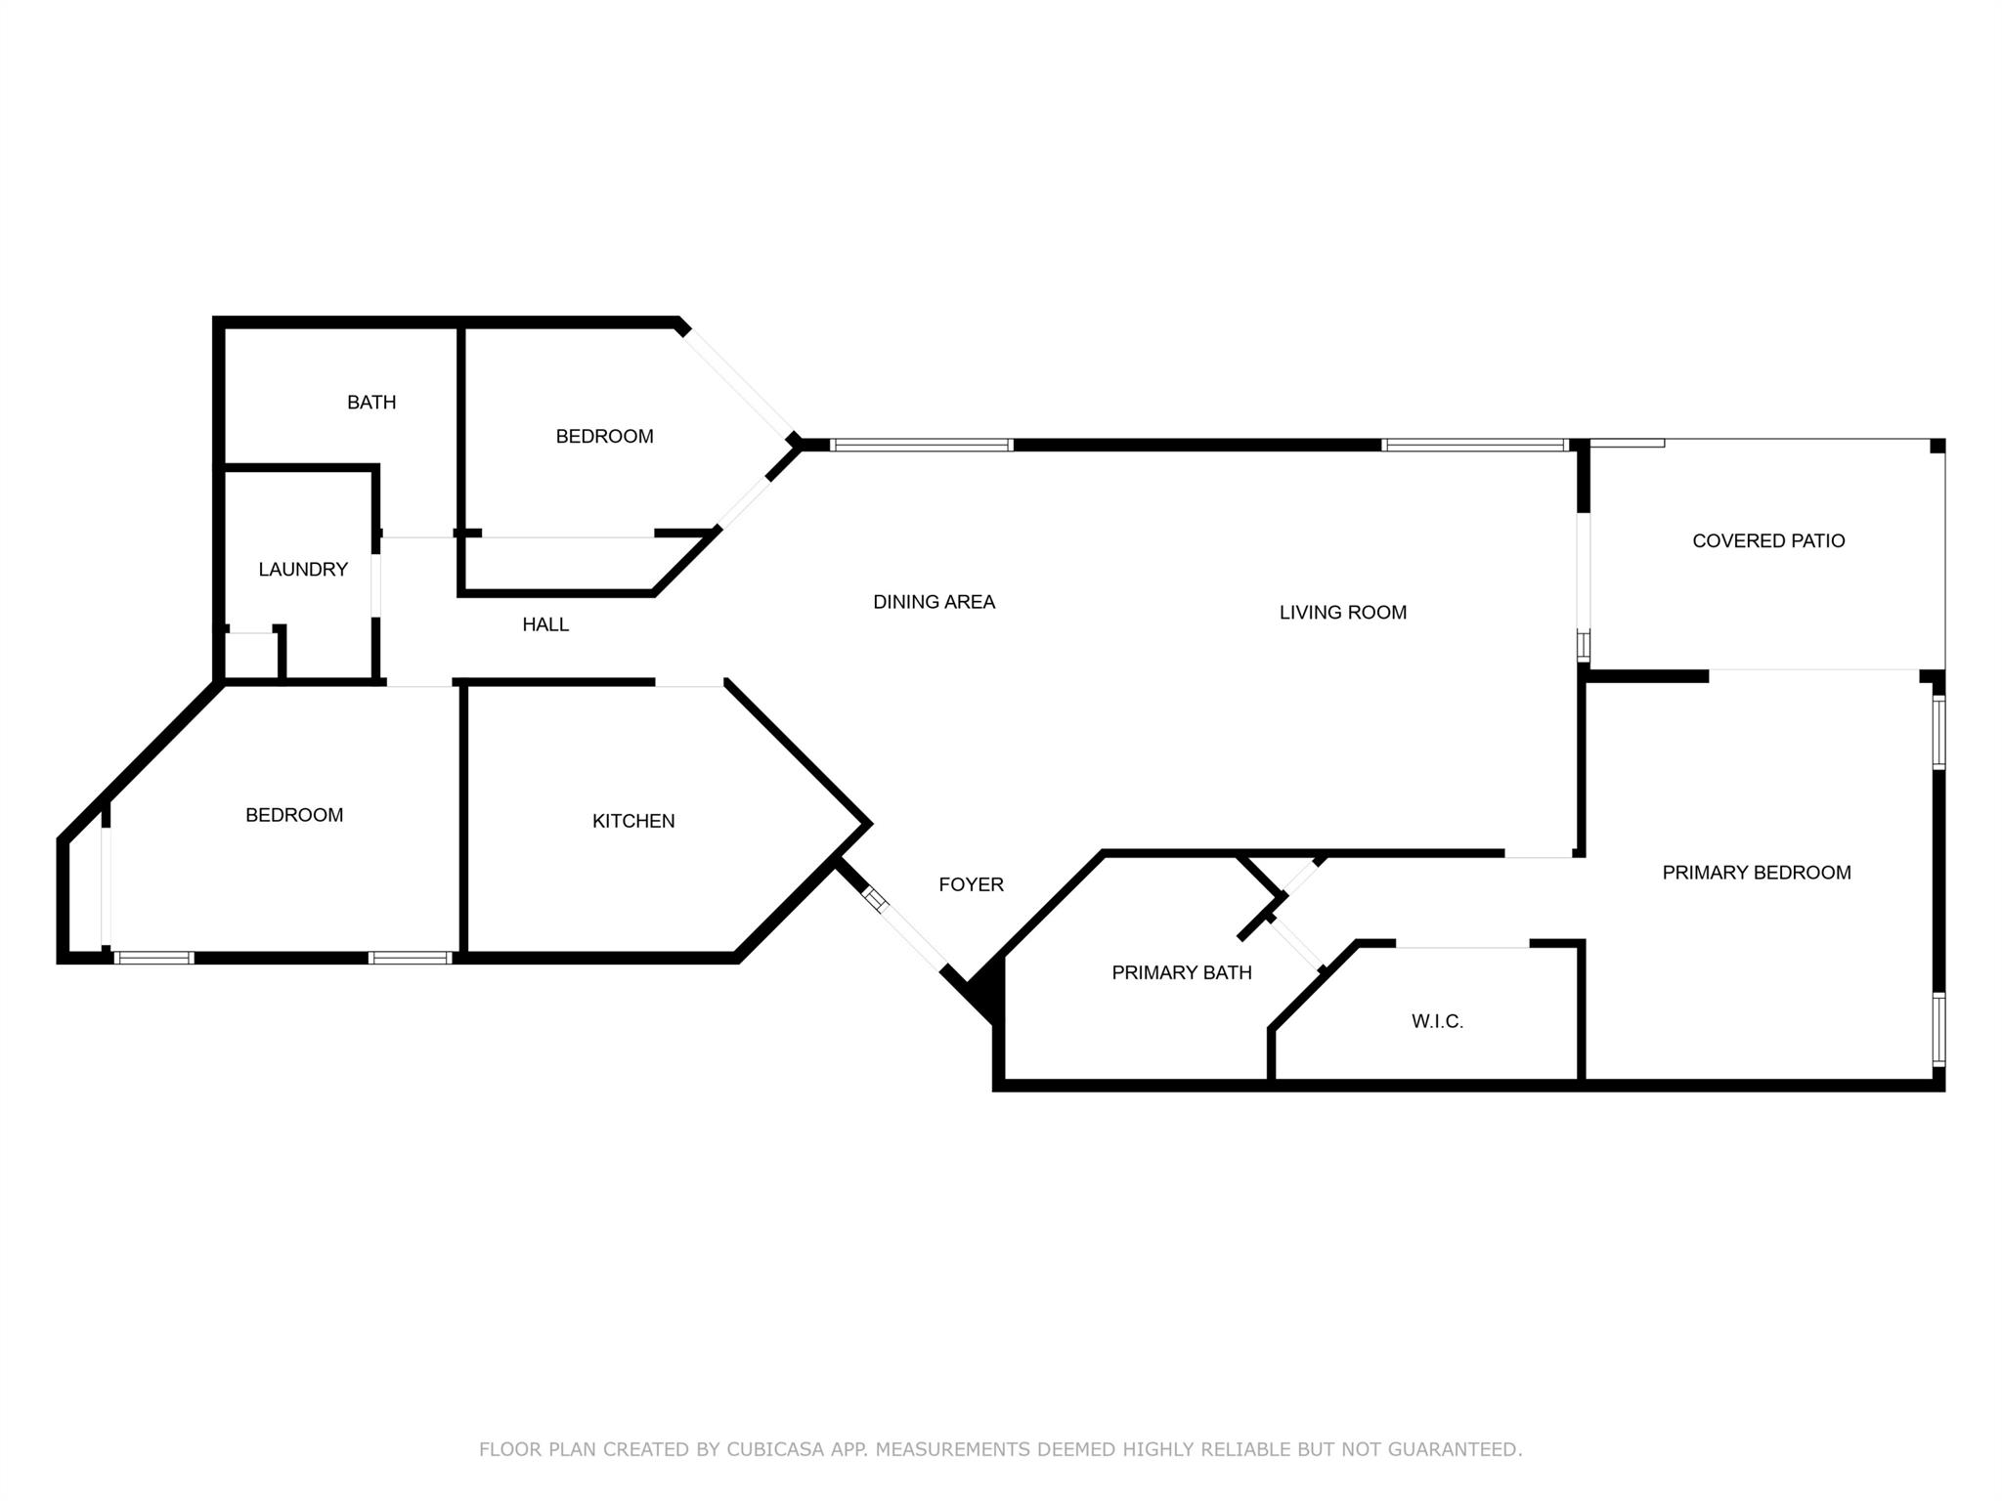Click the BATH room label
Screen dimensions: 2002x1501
click(371, 402)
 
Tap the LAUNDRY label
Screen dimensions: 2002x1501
click(303, 569)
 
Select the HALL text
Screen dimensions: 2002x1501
click(545, 624)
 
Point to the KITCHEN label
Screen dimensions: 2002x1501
click(633, 821)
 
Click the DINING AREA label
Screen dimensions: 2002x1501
click(934, 602)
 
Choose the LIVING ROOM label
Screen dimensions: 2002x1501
click(1343, 613)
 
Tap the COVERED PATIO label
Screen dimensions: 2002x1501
click(1768, 540)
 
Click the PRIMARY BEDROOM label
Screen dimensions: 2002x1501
click(1757, 873)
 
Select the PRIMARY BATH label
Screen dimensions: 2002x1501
click(1182, 972)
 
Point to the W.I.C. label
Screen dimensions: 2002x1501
click(1437, 1021)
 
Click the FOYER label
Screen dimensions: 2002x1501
click(971, 884)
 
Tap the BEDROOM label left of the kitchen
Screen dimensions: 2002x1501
click(294, 815)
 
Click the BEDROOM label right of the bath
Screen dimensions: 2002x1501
click(604, 437)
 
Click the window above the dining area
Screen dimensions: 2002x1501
click(922, 446)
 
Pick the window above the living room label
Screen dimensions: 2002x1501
click(1474, 446)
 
